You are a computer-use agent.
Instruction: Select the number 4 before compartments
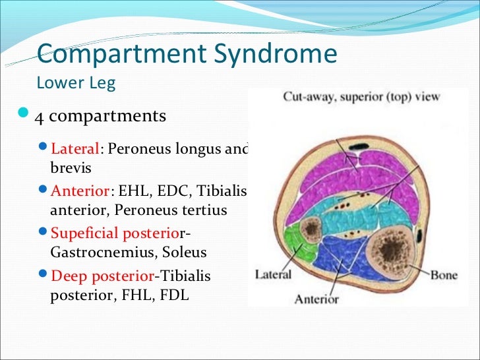(x=40, y=117)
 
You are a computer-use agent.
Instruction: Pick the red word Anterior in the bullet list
(x=80, y=191)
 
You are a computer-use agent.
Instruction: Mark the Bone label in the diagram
(x=444, y=274)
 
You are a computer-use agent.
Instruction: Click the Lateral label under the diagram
(x=274, y=274)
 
